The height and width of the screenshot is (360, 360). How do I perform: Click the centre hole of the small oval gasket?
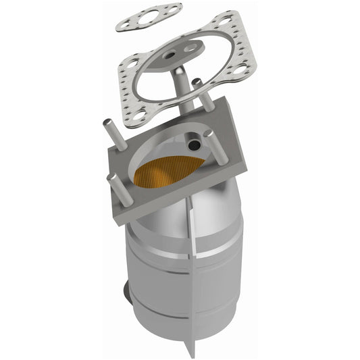point(148,18)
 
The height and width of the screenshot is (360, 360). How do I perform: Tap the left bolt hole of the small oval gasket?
point(124,24)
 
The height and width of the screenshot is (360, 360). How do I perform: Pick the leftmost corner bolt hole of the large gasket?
point(132,64)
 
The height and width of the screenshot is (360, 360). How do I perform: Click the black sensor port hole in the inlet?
point(194,145)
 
